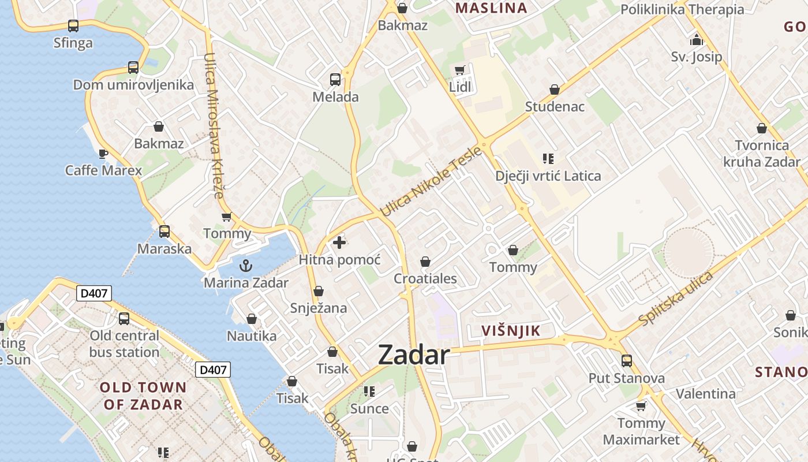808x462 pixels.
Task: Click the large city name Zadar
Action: (413, 355)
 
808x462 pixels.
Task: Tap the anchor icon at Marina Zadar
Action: (246, 266)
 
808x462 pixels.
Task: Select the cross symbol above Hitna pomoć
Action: (339, 243)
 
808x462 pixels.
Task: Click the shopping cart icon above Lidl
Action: (460, 70)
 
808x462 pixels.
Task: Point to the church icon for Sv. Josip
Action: (697, 40)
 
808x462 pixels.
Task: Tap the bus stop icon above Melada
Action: (335, 80)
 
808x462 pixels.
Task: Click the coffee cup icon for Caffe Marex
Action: (103, 154)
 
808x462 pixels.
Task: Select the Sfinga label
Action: (73, 43)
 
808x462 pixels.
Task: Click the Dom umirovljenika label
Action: (133, 85)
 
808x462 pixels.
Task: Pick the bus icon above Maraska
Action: (164, 232)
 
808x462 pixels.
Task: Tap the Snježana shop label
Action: (319, 308)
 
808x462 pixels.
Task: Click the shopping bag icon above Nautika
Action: (252, 319)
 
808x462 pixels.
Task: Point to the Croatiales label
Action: (425, 278)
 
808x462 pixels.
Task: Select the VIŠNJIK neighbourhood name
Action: (511, 331)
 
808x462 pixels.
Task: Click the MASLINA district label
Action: (491, 8)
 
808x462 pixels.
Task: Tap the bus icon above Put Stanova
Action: (627, 361)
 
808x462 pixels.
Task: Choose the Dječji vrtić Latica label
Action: (548, 176)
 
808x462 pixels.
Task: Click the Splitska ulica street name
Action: (676, 298)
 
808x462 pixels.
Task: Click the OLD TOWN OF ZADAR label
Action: (144, 396)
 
